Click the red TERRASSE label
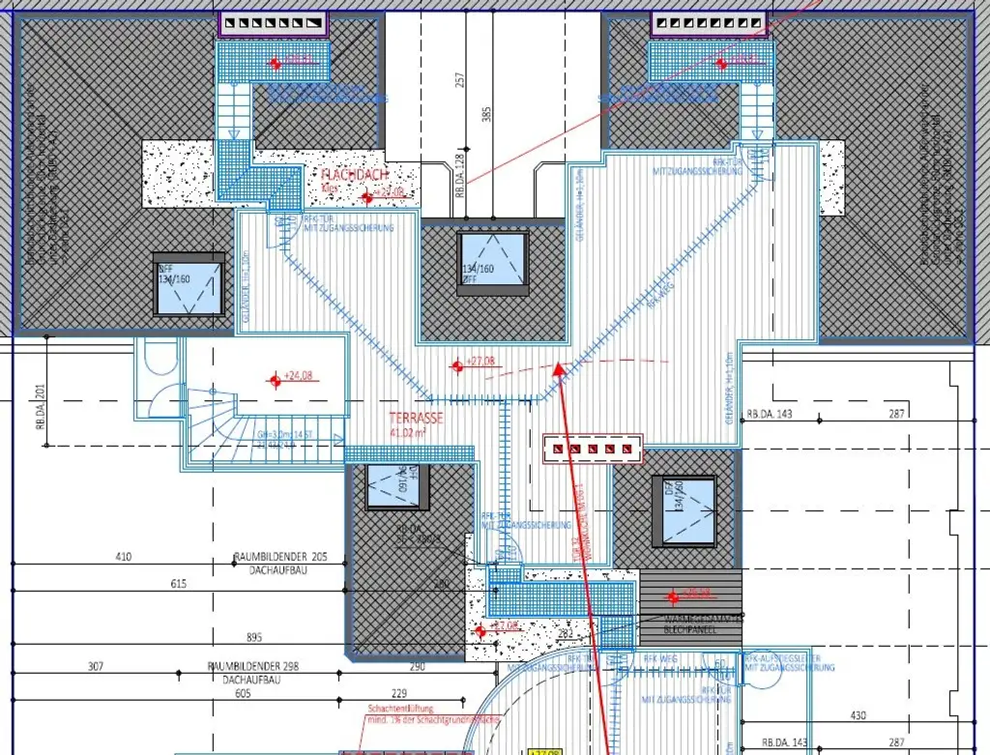pyautogui.click(x=416, y=419)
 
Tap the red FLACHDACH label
pyautogui.click(x=356, y=175)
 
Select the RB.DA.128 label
pyautogui.click(x=460, y=175)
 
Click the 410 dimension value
pyautogui.click(x=123, y=557)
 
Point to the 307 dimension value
pyautogui.click(x=96, y=667)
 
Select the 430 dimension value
pyautogui.click(x=858, y=715)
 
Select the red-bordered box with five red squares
pyautogui.click(x=592, y=448)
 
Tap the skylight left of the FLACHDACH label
pyautogui.click(x=189, y=285)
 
